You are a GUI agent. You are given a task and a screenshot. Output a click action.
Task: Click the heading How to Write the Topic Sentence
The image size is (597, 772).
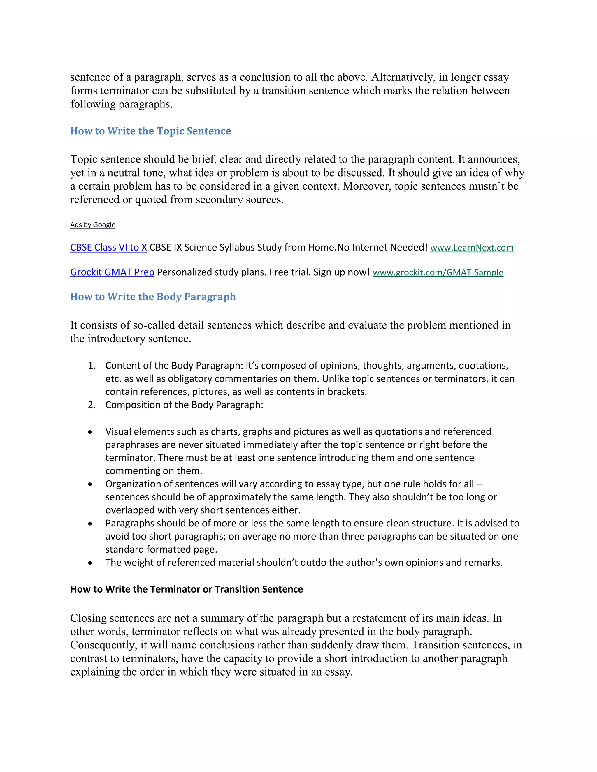150,131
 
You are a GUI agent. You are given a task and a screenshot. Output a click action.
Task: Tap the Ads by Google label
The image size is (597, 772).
93,225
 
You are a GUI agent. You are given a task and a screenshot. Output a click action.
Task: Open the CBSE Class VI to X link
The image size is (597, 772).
108,247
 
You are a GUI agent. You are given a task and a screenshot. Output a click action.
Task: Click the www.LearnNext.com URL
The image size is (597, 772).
472,248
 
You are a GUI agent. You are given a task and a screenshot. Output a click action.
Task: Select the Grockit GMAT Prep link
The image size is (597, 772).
112,272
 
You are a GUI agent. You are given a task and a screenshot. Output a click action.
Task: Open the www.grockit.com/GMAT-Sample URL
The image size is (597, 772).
438,273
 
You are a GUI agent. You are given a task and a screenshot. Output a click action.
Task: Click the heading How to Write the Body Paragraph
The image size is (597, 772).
153,297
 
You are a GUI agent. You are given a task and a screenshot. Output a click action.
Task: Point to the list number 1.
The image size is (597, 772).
92,366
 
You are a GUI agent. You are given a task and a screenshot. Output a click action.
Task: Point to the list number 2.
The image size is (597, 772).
92,405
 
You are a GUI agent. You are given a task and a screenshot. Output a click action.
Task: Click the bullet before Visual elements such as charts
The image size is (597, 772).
91,432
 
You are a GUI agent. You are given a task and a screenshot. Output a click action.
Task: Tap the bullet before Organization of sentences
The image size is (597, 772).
91,484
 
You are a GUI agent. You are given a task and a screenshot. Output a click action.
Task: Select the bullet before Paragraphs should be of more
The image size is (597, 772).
91,524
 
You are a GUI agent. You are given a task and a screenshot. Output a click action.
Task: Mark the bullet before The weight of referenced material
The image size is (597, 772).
91,563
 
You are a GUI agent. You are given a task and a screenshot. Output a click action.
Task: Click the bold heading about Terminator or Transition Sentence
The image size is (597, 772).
186,589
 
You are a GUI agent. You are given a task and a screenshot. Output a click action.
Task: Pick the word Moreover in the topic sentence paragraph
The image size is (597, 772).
367,186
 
